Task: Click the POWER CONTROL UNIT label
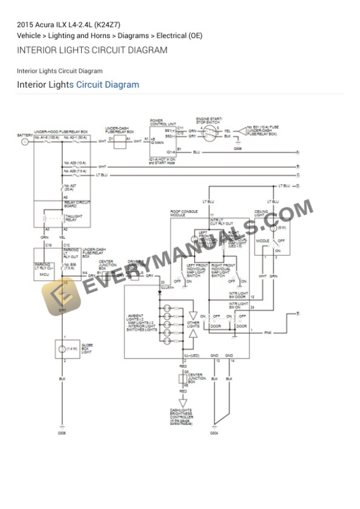pos(163,122)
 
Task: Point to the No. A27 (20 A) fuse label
pos(70,187)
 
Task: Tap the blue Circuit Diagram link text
pos(108,85)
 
